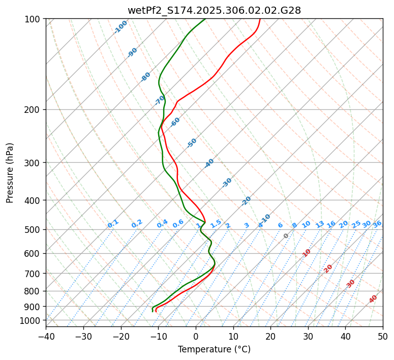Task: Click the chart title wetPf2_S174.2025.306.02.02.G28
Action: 214,10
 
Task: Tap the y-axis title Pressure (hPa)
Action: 10,172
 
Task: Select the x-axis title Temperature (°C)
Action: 214,350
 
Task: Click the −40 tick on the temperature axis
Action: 46,337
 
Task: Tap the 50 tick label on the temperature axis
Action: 383,337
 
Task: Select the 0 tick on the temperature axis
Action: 196,337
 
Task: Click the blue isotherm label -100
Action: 120,27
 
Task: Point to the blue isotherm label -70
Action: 160,100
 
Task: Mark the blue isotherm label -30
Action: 227,182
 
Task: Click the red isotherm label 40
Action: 373,299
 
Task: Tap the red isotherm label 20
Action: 328,268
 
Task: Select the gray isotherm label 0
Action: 286,236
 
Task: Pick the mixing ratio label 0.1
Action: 113,223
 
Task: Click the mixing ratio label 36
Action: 377,224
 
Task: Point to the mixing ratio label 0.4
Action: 162,224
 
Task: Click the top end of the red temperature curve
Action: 259,19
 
